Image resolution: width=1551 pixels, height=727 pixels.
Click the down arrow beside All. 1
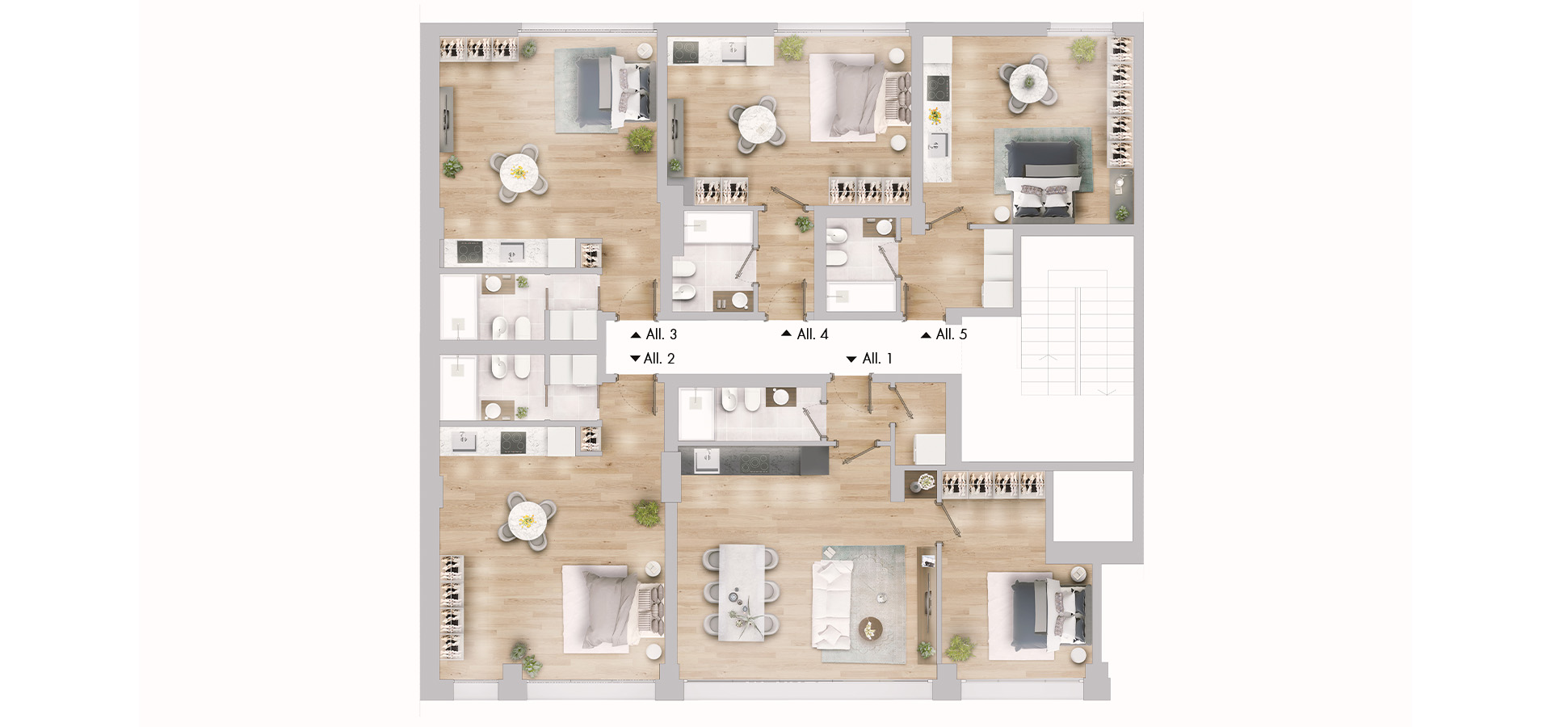[x=851, y=359]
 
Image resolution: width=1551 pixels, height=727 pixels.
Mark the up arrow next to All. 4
[x=786, y=334]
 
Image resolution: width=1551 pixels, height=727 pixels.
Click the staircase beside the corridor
[x=1078, y=333]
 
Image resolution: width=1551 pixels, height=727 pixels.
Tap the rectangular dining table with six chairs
[x=742, y=592]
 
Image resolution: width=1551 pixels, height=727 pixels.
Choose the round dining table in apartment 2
[x=527, y=521]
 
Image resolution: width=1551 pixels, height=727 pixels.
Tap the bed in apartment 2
[x=612, y=607]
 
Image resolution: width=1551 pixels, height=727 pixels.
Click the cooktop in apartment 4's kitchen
[x=686, y=52]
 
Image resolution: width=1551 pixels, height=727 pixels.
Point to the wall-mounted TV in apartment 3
[x=447, y=119]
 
